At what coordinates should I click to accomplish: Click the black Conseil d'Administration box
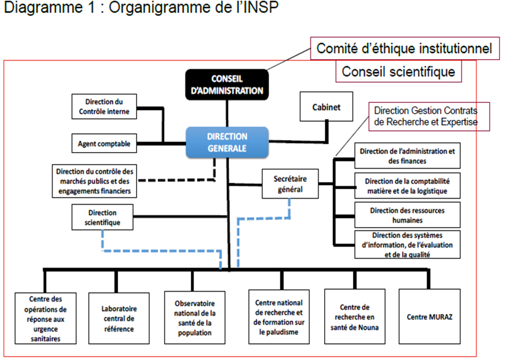point(227,85)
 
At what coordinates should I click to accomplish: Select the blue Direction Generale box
point(227,142)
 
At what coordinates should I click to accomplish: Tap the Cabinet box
point(326,107)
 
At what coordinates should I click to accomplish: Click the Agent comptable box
point(103,144)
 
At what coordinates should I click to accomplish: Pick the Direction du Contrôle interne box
point(103,107)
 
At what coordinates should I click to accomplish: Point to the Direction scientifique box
point(102,217)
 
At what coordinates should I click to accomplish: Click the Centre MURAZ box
point(429,317)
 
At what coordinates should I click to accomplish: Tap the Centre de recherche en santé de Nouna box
point(355,317)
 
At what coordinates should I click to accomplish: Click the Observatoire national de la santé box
point(195,317)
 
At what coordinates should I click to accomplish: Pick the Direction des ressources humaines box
point(407,216)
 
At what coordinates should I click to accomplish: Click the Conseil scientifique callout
point(398,72)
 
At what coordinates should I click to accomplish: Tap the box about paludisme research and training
point(279,317)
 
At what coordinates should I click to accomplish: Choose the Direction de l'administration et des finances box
point(407,156)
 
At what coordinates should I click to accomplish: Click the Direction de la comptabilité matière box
point(407,186)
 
